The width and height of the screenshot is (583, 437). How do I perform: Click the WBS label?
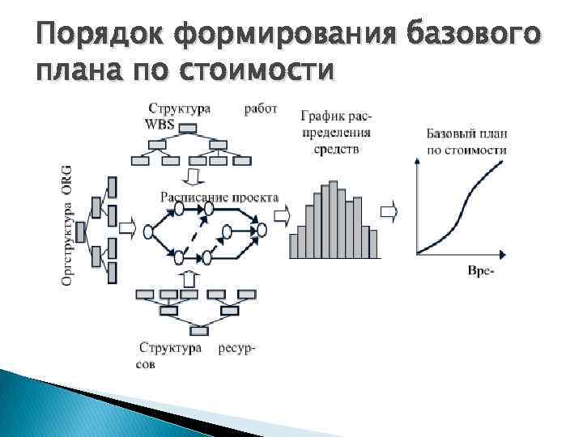(x=160, y=123)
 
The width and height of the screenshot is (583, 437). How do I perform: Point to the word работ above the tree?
(x=261, y=108)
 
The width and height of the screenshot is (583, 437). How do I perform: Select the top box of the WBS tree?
(x=188, y=128)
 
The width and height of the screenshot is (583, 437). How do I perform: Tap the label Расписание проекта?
(x=219, y=197)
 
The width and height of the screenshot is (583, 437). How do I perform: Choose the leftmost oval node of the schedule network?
(x=148, y=232)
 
